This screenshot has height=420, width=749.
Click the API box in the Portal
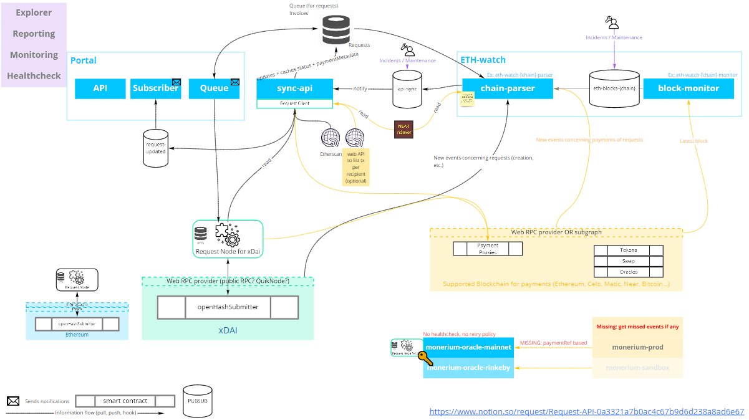(x=100, y=88)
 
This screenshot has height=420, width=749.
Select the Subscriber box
(x=155, y=88)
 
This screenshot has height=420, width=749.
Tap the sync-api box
(x=294, y=88)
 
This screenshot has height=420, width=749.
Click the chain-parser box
(x=507, y=88)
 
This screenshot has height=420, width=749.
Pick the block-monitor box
(x=689, y=88)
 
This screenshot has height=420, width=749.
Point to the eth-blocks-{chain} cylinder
(x=614, y=89)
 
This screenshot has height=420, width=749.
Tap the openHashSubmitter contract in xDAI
(x=228, y=307)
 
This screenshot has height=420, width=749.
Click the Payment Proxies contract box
(x=488, y=249)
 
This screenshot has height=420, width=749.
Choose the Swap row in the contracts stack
(x=628, y=260)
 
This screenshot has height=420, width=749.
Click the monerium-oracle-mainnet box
(x=468, y=347)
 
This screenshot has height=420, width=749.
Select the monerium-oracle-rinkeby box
(x=468, y=368)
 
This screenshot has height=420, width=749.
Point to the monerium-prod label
(x=637, y=347)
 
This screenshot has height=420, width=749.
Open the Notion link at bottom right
(x=587, y=411)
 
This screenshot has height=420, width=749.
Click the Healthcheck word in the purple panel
(x=34, y=76)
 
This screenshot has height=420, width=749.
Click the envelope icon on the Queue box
(x=235, y=82)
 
